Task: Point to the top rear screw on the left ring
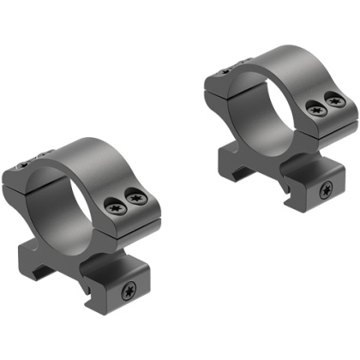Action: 28,160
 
